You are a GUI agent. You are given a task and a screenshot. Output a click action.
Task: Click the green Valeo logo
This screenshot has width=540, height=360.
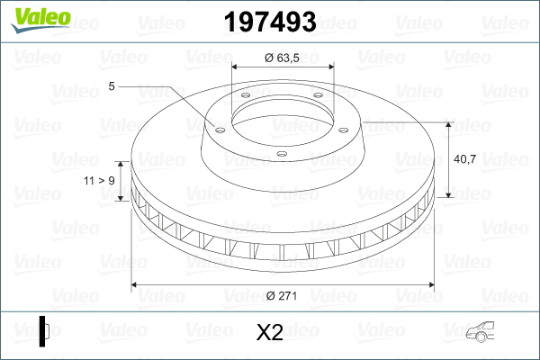point(40,20)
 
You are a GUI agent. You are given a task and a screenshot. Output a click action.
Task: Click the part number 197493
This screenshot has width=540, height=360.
point(270,22)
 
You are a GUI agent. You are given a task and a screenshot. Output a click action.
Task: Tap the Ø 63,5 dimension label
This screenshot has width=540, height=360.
point(282,58)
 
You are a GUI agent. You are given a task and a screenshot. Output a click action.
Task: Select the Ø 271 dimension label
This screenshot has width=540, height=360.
point(282,295)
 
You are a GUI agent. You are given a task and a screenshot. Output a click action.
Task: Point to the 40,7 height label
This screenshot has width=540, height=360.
point(465,159)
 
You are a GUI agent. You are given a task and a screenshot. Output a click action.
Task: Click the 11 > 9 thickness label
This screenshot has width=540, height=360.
point(99,181)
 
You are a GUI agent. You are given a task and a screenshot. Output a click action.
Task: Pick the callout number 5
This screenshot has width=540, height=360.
point(112,86)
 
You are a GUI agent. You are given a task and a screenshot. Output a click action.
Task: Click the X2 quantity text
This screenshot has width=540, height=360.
point(270,332)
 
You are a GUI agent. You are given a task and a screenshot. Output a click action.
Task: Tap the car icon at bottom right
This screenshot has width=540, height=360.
point(480,332)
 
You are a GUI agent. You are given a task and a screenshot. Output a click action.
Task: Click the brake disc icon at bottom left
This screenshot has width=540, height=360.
point(44,331)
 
